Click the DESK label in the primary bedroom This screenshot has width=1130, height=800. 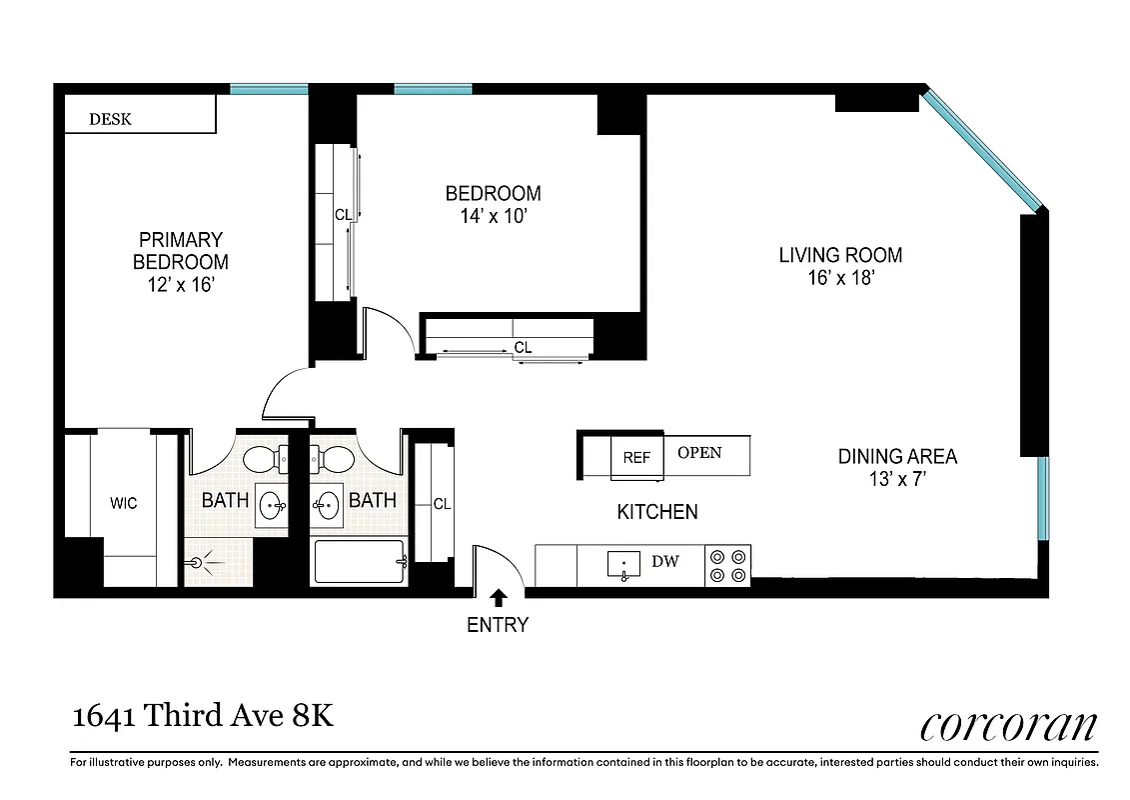coord(110,120)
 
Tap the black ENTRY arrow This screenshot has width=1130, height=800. coord(499,598)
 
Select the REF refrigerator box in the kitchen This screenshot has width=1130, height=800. coord(636,458)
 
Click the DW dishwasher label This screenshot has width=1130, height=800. coord(665,562)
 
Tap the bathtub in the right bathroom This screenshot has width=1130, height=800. coord(359,562)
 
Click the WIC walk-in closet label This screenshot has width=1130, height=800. coord(123,503)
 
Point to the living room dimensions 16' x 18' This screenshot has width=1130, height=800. coord(840,279)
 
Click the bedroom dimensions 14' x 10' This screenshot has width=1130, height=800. coord(493,216)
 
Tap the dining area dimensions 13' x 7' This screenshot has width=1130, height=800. coord(896,479)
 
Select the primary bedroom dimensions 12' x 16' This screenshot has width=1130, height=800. coord(181,285)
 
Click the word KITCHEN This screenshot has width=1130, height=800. coord(656,512)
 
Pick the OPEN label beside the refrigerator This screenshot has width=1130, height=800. coord(699,453)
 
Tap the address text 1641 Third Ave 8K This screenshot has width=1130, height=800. coord(203,717)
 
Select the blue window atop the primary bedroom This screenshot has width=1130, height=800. coord(269,89)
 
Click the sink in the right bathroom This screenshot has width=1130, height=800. coord(326,505)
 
